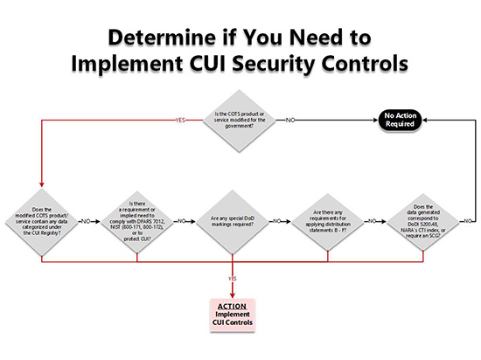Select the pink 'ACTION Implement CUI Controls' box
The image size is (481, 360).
click(233, 314)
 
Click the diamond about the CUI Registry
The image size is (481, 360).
click(42, 221)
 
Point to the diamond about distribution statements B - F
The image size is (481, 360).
click(327, 221)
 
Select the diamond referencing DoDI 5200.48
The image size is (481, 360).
click(422, 221)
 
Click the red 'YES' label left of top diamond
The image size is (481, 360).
click(180, 119)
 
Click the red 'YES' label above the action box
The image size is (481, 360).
click(233, 279)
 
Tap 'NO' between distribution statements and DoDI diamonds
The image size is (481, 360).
click(374, 221)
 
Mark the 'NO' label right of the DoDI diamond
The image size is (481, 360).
click(469, 221)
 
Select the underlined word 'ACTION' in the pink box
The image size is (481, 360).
click(233, 306)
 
